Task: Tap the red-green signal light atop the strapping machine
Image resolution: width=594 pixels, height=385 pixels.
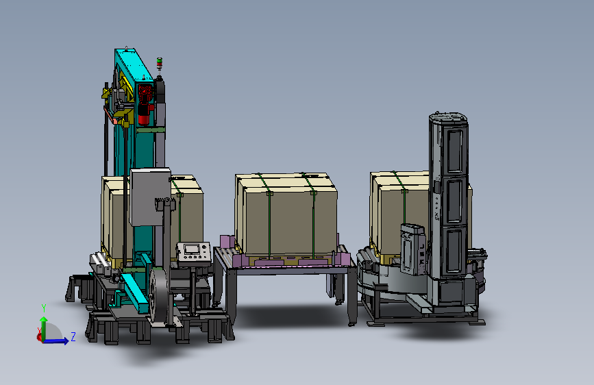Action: (160, 63)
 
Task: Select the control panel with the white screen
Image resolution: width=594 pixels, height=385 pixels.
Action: (193, 252)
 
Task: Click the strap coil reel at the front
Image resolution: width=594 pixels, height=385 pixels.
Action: (159, 295)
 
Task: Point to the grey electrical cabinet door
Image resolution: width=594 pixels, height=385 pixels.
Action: (151, 197)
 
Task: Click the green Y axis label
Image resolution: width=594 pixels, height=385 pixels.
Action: (44, 308)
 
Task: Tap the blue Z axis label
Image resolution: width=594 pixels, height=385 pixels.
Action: (73, 336)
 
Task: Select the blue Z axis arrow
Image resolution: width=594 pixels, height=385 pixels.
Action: (55, 341)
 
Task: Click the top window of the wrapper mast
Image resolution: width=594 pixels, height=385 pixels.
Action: (455, 151)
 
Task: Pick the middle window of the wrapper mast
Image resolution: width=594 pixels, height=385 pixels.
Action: (455, 201)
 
